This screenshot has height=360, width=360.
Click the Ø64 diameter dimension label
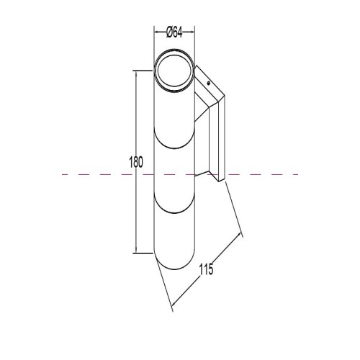pyautogui.click(x=174, y=32)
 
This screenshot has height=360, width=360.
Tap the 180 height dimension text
pyautogui.click(x=136, y=162)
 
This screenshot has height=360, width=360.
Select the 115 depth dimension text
pyautogui.click(x=206, y=269)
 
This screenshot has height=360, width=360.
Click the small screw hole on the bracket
pyautogui.click(x=208, y=84)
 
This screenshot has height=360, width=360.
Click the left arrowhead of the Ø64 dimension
pyautogui.click(x=156, y=32)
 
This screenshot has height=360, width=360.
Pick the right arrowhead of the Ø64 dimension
pyautogui.click(x=192, y=32)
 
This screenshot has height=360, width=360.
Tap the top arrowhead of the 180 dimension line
pyautogui.click(x=136, y=73)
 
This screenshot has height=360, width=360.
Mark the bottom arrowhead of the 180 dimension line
pyautogui.click(x=136, y=251)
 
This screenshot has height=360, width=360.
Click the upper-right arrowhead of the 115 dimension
pyautogui.click(x=239, y=235)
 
